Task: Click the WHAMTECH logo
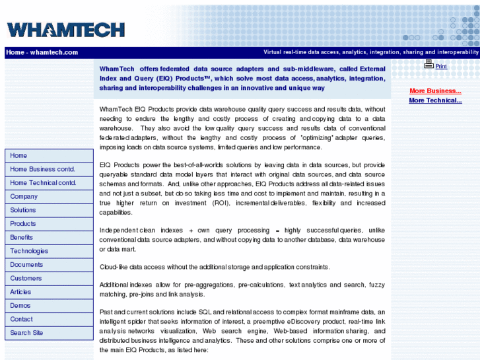click(x=65, y=29)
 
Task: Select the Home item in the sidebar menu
click(x=18, y=156)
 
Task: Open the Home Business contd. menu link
click(x=42, y=169)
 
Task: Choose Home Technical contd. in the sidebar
click(x=43, y=183)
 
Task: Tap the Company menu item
click(x=24, y=197)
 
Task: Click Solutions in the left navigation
click(x=23, y=210)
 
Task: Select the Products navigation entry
click(x=23, y=224)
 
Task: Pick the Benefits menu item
click(x=22, y=237)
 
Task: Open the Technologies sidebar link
click(x=29, y=251)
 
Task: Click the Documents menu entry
click(x=26, y=265)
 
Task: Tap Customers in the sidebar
click(x=26, y=278)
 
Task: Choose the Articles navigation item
click(x=20, y=292)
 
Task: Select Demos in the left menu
click(x=20, y=306)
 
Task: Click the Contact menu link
click(x=21, y=319)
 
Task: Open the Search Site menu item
click(x=26, y=333)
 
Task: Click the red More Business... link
click(x=435, y=91)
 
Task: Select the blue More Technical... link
click(x=435, y=100)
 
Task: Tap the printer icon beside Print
click(x=429, y=64)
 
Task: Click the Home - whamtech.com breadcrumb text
click(x=42, y=52)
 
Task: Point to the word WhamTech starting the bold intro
click(x=117, y=69)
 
